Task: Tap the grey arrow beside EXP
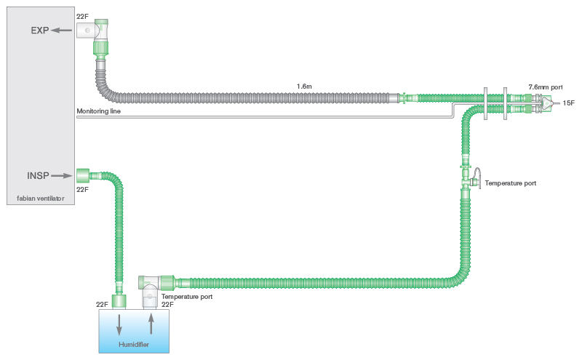pos(63,31)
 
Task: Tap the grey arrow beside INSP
pos(63,175)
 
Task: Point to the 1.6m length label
pos(305,86)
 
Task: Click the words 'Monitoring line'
pos(99,112)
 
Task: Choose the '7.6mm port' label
pos(544,87)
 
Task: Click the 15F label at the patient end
pos(568,103)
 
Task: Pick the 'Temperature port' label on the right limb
pos(510,183)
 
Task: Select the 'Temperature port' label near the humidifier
pos(187,296)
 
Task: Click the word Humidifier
pos(134,344)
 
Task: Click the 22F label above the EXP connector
pos(82,15)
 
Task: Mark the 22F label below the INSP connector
pos(82,189)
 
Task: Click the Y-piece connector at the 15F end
pos(546,103)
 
